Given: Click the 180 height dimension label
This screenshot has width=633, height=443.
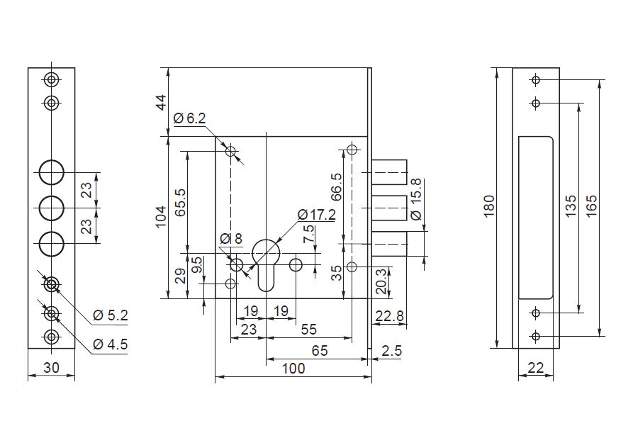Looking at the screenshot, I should (489, 206).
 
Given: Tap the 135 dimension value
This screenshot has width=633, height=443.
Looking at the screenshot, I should (571, 207).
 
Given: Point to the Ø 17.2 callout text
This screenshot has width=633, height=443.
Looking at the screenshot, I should (316, 214).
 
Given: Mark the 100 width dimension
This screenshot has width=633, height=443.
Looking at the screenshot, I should (293, 369).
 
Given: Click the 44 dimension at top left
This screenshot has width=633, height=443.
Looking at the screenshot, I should (161, 101).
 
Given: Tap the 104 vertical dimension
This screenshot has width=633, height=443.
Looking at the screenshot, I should (161, 215).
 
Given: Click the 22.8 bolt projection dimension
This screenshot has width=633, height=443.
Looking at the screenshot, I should (389, 316).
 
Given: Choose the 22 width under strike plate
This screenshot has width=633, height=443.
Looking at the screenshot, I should (535, 369).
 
